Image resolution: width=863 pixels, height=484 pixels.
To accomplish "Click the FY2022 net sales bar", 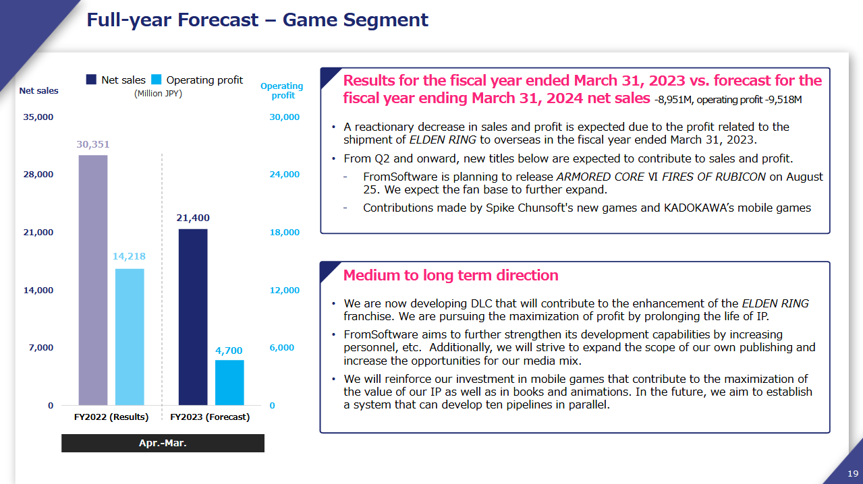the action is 93,280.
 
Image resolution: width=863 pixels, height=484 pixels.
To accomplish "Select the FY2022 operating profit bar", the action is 130,337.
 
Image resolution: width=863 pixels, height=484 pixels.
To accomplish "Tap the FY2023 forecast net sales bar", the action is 193,317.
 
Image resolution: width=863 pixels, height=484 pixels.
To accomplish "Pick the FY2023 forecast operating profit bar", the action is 229,382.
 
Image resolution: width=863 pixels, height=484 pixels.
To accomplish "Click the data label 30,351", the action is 93,144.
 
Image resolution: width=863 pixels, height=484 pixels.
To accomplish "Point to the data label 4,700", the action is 229,351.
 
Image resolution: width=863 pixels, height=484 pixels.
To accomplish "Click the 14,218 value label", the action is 129,256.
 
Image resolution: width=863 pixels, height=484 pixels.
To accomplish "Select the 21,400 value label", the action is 193,218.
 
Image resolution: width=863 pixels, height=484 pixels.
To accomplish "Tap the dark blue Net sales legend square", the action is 91,80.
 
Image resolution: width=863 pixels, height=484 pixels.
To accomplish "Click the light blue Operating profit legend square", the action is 156,80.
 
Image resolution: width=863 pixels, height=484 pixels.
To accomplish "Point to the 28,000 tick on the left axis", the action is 38,175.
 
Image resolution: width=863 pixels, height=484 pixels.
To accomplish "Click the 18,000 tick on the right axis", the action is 284,232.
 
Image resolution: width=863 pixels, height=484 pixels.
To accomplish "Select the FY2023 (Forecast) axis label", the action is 210,417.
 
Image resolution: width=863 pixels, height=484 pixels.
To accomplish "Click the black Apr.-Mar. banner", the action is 163,443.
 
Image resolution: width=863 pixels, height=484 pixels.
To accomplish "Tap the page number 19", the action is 853,473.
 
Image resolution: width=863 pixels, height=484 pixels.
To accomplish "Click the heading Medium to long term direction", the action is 451,275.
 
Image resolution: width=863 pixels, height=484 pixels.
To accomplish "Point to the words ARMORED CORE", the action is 601,177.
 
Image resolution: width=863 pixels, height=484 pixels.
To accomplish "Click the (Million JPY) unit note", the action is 158,94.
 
